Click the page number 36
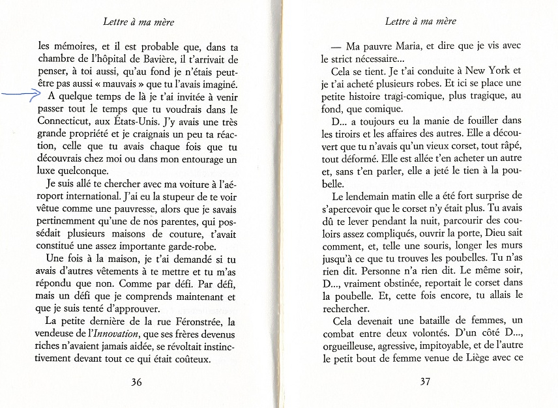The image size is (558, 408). click(136, 382)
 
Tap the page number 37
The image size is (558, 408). click(424, 381)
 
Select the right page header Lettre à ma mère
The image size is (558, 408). click(420, 22)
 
